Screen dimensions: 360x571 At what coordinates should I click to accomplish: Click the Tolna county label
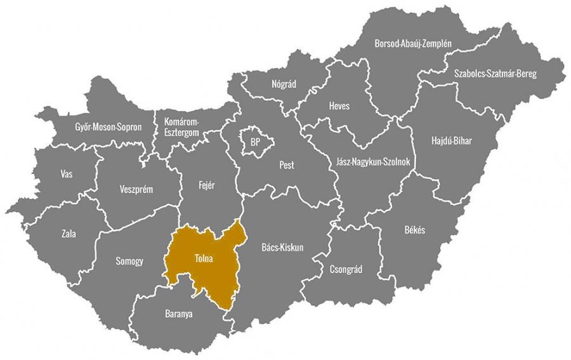(203, 258)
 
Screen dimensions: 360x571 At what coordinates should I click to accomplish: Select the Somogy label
(129, 261)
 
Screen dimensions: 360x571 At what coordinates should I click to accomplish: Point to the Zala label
(69, 234)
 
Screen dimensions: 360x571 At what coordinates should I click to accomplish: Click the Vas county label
(66, 173)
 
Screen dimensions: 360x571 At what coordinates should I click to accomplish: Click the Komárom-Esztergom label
(182, 126)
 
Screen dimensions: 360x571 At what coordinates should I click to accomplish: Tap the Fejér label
(207, 185)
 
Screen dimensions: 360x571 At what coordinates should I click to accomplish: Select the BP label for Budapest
(255, 141)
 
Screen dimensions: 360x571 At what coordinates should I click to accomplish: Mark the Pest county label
(287, 166)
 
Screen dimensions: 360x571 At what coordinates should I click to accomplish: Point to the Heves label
(339, 106)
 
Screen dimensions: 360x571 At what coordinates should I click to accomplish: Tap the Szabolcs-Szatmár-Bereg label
(496, 74)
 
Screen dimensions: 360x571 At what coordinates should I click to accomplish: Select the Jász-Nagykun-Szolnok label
(372, 163)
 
